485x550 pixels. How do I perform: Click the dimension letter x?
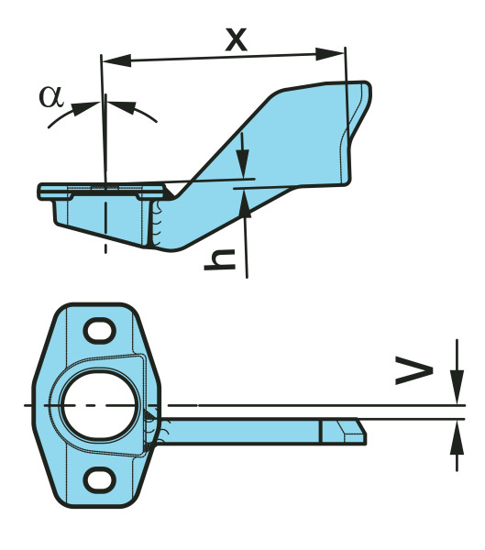pos(236,39)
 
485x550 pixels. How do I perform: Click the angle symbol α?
pos(51,96)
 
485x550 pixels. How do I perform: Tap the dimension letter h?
pos(220,259)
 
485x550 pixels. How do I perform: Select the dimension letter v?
pos(413,370)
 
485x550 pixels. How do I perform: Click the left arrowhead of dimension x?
pos(116,60)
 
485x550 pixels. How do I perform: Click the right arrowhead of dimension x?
pos(329,54)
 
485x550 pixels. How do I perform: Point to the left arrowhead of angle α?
pos(85,105)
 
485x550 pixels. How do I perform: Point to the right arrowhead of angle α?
pos(121,105)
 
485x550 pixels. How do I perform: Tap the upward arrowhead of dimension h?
pos(245,203)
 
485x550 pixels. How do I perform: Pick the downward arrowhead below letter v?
pos(457,385)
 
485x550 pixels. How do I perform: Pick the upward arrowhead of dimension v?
pos(457,438)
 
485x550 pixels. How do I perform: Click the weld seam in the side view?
pos(156,222)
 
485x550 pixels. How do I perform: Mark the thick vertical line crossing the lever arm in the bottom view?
pos(322,431)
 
